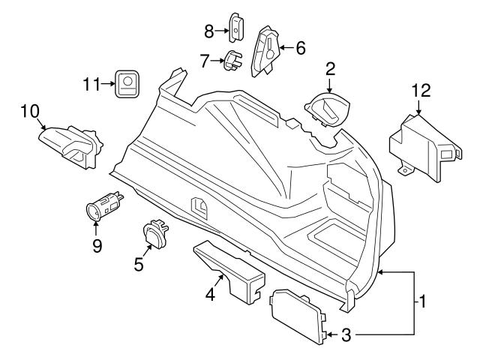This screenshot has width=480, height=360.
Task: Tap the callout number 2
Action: coord(330,70)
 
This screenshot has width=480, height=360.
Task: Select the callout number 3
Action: coord(346,334)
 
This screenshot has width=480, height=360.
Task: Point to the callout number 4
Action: coord(211,295)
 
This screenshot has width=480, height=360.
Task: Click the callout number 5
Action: coord(137,263)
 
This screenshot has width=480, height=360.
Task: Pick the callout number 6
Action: coord(300,48)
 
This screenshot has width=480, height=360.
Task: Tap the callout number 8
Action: coord(209,30)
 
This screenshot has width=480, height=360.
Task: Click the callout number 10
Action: coord(29,112)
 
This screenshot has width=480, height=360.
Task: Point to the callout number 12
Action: coord(421,91)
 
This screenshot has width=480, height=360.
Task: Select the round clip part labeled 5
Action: coord(154,235)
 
